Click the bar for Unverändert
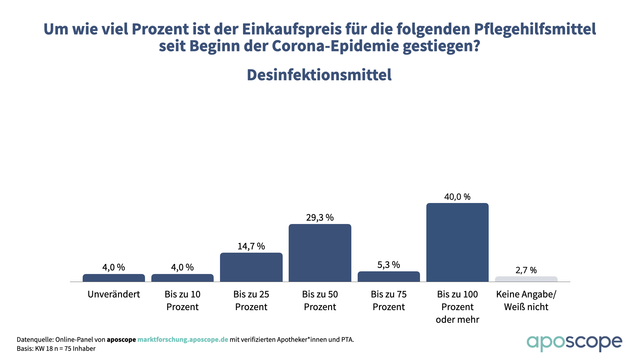click(x=114, y=278)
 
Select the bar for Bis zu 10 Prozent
click(x=182, y=278)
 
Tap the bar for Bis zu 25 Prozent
click(x=251, y=267)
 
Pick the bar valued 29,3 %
click(x=320, y=253)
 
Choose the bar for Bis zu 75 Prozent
click(x=389, y=277)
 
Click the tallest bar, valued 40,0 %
click(x=457, y=242)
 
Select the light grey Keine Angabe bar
click(x=526, y=279)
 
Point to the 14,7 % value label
click(x=251, y=246)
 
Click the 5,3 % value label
click(x=389, y=265)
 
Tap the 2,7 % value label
click(x=526, y=270)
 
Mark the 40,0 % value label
click(x=457, y=197)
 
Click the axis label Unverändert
click(x=114, y=294)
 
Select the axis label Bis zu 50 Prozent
click(x=320, y=300)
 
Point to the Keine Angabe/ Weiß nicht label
click(x=526, y=300)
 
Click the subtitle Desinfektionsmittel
click(x=319, y=75)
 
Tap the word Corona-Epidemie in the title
click(x=335, y=46)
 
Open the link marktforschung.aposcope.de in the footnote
click(x=183, y=340)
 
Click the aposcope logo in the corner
click(x=574, y=343)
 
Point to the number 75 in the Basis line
click(x=67, y=349)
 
